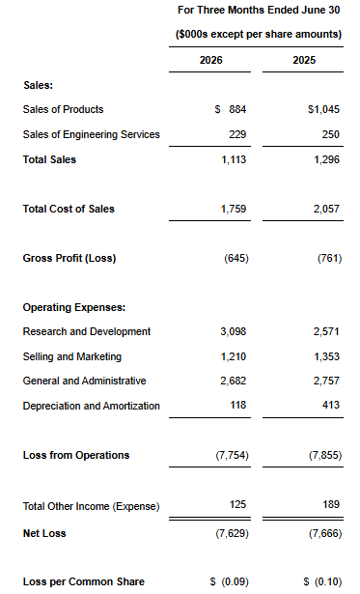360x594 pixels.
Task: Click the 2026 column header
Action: pyautogui.click(x=210, y=60)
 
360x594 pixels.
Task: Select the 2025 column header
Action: pyautogui.click(x=304, y=60)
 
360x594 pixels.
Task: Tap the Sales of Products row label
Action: pyautogui.click(x=63, y=109)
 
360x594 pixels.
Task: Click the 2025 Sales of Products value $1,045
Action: pyautogui.click(x=323, y=109)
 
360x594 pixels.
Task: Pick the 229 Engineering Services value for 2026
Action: pyautogui.click(x=237, y=134)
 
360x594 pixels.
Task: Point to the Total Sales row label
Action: pyautogui.click(x=49, y=159)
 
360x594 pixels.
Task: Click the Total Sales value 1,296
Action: pyautogui.click(x=326, y=159)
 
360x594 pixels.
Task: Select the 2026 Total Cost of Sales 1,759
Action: pyautogui.click(x=234, y=209)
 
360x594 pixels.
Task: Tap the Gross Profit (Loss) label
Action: pyautogui.click(x=69, y=258)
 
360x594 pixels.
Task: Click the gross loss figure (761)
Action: pyautogui.click(x=329, y=258)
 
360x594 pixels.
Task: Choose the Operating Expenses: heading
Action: pyautogui.click(x=73, y=307)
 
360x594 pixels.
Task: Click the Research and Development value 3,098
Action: pyautogui.click(x=234, y=331)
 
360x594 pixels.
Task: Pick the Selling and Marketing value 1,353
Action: pyautogui.click(x=326, y=356)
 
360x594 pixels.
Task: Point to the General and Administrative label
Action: pyautogui.click(x=84, y=381)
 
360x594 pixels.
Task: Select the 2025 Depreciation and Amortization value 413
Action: pyautogui.click(x=331, y=405)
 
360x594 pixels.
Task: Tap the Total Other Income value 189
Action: pyautogui.click(x=331, y=504)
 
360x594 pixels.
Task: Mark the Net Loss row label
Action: pyautogui.click(x=44, y=533)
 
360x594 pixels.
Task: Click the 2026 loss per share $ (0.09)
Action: pyautogui.click(x=230, y=581)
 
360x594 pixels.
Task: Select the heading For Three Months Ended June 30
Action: pyautogui.click(x=259, y=10)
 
